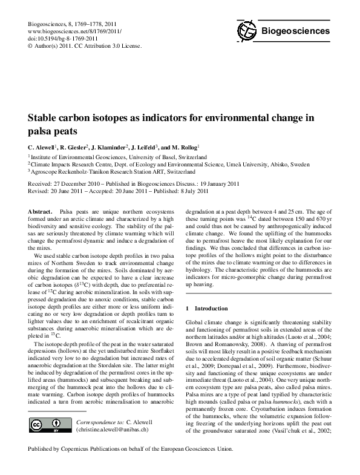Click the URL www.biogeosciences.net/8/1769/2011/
click(68, 31)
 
